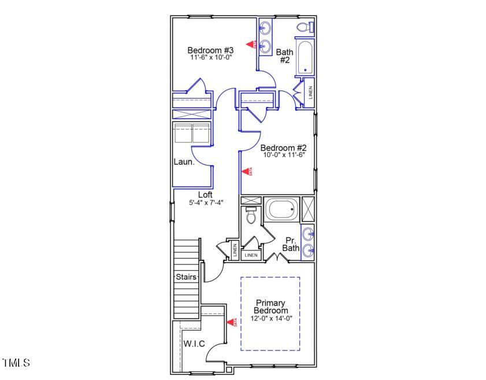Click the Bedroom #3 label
click(210, 50)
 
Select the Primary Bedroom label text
click(270, 307)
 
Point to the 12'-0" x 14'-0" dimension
click(271, 319)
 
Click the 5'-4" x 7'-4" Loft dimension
click(206, 202)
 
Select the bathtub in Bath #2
click(305, 58)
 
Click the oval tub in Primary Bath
click(281, 209)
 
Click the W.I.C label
click(194, 344)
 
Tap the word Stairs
click(187, 277)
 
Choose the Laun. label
click(184, 162)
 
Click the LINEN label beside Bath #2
click(310, 93)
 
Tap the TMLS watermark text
click(16, 363)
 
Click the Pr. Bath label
click(291, 244)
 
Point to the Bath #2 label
click(284, 56)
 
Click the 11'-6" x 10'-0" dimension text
click(210, 58)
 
